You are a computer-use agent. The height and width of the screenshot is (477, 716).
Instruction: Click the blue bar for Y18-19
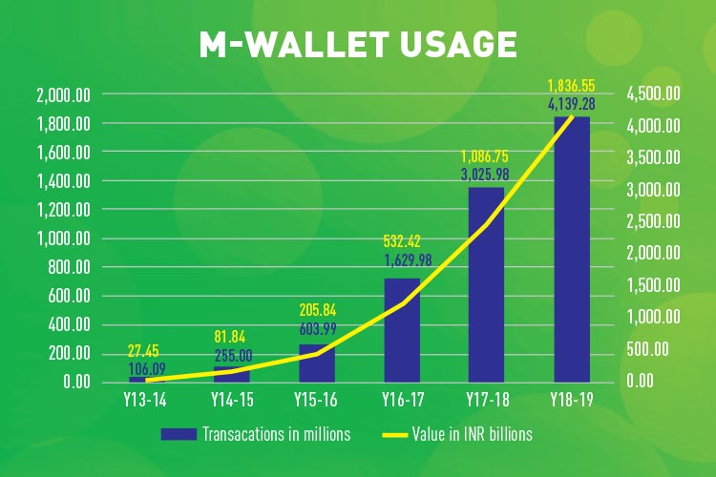pos(572,249)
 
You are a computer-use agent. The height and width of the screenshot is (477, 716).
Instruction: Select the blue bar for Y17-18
pos(486,285)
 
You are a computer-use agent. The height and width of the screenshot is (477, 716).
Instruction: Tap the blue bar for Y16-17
pos(402,330)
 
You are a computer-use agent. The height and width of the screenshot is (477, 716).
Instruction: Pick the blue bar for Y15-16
pos(317,363)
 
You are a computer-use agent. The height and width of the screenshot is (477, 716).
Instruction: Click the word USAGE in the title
pos(458,44)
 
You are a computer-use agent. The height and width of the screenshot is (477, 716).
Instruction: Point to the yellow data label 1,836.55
pos(571,85)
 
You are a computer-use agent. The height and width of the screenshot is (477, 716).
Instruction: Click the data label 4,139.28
pos(571,104)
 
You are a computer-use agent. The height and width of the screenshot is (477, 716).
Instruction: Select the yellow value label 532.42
pos(402,240)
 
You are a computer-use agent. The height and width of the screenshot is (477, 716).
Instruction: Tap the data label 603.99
pos(318,328)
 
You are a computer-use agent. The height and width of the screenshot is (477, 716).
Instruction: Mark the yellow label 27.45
pos(143,351)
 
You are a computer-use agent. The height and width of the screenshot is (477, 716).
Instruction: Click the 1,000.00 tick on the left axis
pos(63,238)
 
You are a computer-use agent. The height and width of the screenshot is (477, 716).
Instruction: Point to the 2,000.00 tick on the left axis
pos(63,95)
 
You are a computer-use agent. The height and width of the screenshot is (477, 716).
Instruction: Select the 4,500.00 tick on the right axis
pos(653,93)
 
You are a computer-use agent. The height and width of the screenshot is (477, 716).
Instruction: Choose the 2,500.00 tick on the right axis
pos(653,221)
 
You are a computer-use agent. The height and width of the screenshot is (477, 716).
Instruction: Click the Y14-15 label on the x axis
pos(232,400)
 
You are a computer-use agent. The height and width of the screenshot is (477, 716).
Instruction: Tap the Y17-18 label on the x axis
pos(487,400)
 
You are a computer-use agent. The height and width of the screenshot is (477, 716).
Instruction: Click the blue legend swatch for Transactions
pos(179,434)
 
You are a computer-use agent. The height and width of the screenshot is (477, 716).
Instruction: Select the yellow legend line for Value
pos(394,435)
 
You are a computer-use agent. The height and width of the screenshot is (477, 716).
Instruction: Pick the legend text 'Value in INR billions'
pos(473,434)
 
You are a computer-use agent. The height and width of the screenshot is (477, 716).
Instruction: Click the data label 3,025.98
pos(485,175)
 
